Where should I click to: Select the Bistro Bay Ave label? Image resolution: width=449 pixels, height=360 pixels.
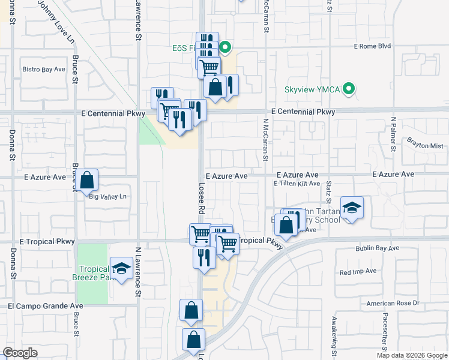pyautogui.click(x=44, y=70)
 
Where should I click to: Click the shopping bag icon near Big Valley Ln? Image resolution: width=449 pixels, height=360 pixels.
pyautogui.click(x=86, y=179)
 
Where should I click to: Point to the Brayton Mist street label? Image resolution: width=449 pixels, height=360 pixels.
pyautogui.click(x=424, y=146)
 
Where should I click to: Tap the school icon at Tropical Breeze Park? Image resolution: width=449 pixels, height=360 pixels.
pyautogui.click(x=122, y=269)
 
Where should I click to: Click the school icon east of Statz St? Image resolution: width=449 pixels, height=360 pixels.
pyautogui.click(x=352, y=208)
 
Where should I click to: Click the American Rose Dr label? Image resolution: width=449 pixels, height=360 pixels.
pyautogui.click(x=393, y=304)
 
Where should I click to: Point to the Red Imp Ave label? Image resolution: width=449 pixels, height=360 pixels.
pyautogui.click(x=358, y=272)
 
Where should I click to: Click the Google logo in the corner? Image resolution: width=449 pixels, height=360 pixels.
pyautogui.click(x=20, y=353)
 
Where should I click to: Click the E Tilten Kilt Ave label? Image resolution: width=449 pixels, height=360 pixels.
pyautogui.click(x=297, y=184)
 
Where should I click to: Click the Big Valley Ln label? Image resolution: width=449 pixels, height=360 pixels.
pyautogui.click(x=109, y=196)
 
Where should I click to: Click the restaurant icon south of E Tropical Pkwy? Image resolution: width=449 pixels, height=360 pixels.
pyautogui.click(x=204, y=257)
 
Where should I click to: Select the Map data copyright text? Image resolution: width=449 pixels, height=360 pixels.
pyautogui.click(x=412, y=355)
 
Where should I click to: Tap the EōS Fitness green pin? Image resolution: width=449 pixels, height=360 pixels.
pyautogui.click(x=225, y=46)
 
